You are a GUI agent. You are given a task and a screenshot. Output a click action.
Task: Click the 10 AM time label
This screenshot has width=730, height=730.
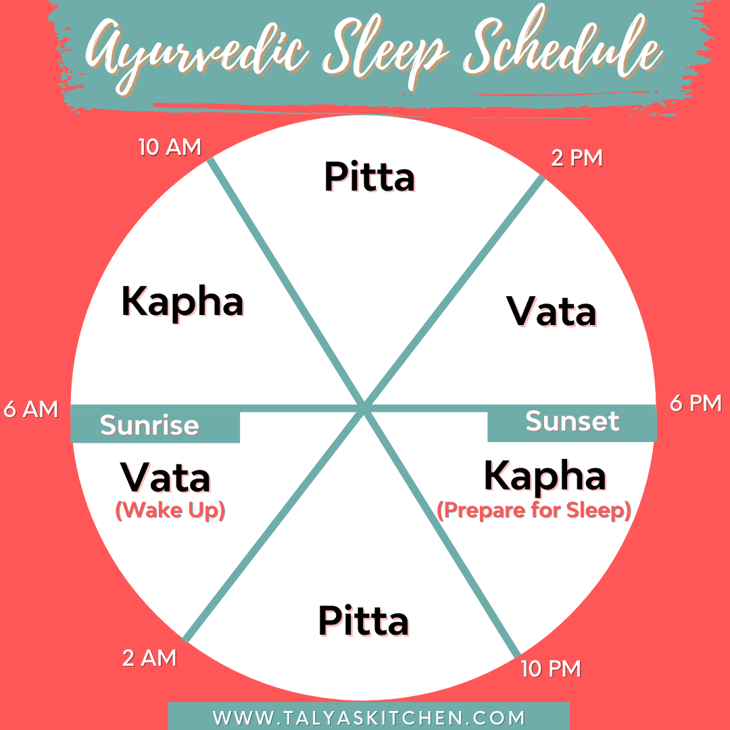[170, 147]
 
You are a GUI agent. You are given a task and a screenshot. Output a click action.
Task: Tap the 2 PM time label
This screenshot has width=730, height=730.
[577, 158]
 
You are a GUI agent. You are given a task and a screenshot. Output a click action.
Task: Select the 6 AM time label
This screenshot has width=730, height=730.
[32, 410]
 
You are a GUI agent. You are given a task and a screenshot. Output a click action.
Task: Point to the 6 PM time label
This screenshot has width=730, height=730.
[696, 404]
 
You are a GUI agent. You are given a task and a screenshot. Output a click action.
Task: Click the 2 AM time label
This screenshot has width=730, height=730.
[149, 658]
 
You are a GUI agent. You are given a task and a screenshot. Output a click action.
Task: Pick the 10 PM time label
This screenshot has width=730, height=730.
[551, 668]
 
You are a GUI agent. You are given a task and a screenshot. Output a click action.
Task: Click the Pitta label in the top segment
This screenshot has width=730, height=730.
[369, 177]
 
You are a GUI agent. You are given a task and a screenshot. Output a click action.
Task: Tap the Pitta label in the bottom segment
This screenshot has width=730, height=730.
[364, 621]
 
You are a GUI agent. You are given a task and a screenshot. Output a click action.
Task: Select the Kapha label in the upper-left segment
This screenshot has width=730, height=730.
[182, 301]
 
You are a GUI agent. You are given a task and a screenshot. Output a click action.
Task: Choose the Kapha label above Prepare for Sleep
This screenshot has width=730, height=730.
[545, 477]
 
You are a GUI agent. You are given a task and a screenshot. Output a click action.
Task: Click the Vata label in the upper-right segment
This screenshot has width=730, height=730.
[552, 312]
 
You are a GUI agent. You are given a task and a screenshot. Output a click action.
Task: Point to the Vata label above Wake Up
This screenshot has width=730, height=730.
[166, 478]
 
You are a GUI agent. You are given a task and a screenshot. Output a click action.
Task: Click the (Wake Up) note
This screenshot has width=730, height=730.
[170, 510]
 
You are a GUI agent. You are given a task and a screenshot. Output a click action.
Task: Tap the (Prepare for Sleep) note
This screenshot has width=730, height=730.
[534, 510]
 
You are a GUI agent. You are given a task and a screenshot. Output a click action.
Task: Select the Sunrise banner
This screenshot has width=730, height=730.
[150, 426]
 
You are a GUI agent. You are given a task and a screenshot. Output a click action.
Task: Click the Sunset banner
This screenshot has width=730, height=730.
[572, 421]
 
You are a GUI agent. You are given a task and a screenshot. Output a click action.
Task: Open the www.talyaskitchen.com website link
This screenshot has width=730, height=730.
[369, 716]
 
